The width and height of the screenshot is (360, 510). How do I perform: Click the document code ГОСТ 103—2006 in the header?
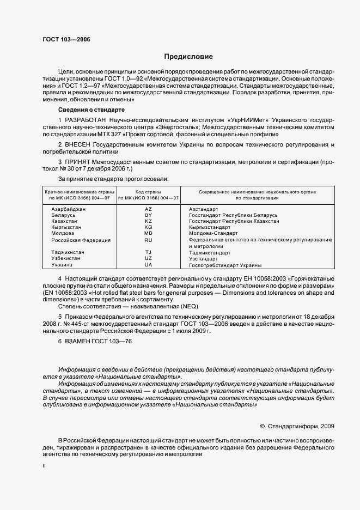pos(66,40)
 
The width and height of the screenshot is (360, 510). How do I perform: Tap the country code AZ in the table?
pos(148,209)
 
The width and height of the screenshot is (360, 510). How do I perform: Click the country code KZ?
pos(148,221)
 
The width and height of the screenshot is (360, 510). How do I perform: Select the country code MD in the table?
pos(148,233)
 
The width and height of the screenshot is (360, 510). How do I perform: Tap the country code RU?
pos(148,240)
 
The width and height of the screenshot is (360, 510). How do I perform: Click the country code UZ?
pos(148,258)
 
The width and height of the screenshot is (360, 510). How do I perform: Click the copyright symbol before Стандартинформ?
pos(263,426)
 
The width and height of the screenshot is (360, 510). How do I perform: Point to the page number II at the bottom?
pos(45,466)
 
